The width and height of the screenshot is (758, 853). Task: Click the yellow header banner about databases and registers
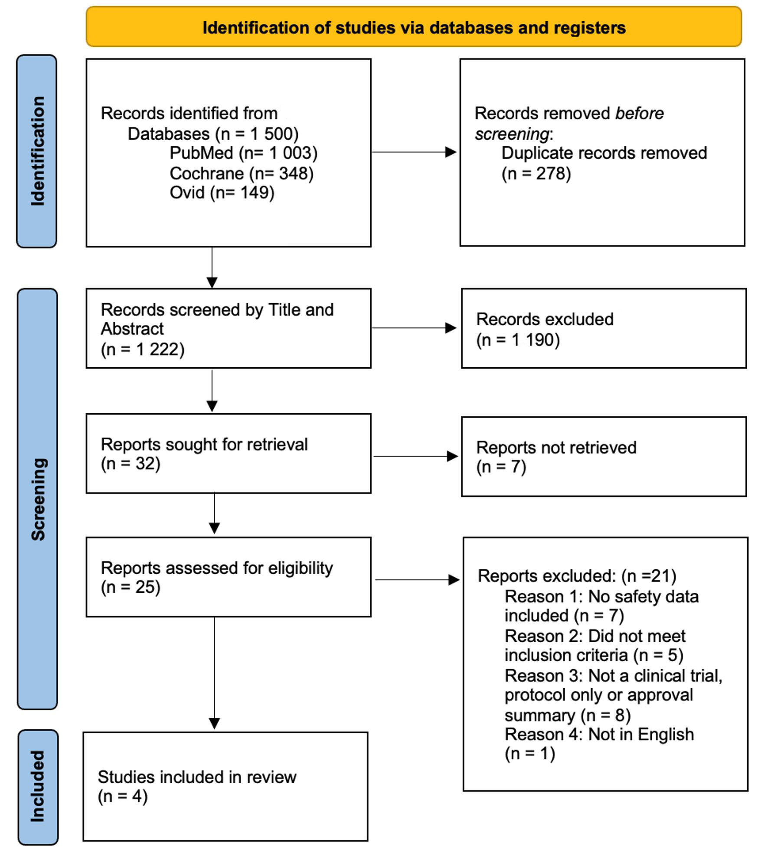(x=414, y=27)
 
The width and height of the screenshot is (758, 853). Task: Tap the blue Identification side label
(x=37, y=151)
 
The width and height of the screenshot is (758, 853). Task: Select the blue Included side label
(x=38, y=786)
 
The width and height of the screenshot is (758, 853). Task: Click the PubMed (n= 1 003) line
(x=243, y=153)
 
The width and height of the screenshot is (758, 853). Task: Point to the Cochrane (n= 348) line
(x=242, y=173)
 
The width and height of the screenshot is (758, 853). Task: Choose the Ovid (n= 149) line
(x=222, y=193)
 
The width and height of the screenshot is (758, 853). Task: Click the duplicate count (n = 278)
(x=536, y=174)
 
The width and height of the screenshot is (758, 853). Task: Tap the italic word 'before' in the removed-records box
(x=639, y=114)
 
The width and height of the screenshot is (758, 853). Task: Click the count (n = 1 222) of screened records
(x=143, y=349)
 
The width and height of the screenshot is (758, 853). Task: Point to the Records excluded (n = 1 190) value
(x=518, y=340)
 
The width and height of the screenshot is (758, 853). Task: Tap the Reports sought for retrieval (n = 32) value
(x=131, y=464)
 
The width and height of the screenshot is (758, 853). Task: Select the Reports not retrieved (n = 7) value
(x=501, y=467)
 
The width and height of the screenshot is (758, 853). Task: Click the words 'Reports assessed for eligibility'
(x=217, y=568)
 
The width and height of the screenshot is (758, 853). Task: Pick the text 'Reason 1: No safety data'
(x=601, y=597)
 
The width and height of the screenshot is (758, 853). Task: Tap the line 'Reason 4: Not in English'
(x=599, y=735)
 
